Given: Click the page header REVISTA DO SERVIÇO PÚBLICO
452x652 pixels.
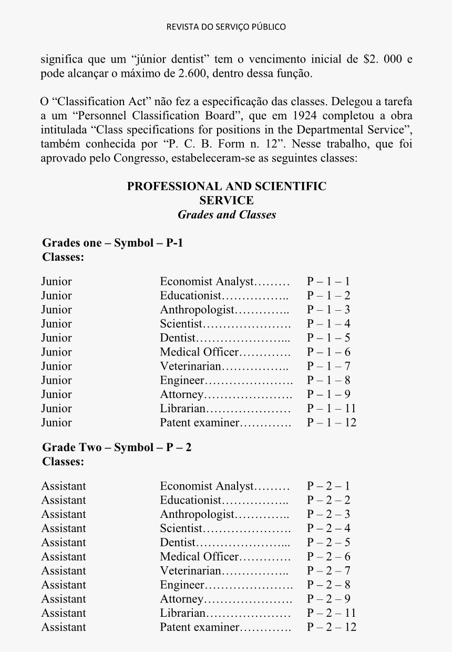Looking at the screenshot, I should (x=226, y=27).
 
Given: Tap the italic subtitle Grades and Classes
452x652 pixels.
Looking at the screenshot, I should (x=227, y=215).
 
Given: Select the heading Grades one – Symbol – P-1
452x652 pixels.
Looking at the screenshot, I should (x=112, y=243).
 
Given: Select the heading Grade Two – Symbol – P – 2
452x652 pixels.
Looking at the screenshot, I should (x=117, y=447).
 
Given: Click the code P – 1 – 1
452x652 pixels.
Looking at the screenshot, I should (x=328, y=281).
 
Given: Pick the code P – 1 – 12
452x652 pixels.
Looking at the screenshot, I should (x=331, y=422).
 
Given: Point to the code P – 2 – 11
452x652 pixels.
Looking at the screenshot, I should (x=331, y=613).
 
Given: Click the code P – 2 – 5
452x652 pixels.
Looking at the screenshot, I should (x=328, y=542).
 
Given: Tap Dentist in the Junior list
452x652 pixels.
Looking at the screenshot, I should (x=178, y=338).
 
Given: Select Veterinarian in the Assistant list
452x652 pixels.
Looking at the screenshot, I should (x=191, y=570).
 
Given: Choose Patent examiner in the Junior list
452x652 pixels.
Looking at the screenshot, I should (x=199, y=422).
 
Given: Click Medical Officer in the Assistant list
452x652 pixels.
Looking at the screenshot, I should (x=199, y=556).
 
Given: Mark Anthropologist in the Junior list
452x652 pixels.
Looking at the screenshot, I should (x=197, y=310).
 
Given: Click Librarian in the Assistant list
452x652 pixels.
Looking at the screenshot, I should (x=182, y=613).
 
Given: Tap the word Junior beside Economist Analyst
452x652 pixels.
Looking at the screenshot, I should (x=56, y=281).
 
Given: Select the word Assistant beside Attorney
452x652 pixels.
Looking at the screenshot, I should (x=63, y=599).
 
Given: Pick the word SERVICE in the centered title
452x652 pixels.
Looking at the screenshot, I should (x=227, y=200).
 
